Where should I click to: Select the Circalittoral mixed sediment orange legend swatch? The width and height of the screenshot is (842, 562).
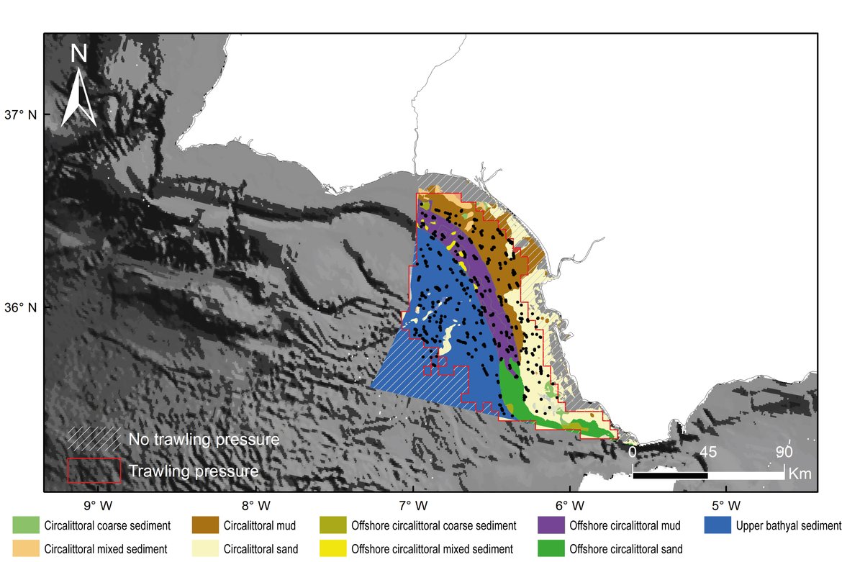pos(26,548)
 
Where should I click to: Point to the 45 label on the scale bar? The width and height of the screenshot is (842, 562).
pos(708,453)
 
